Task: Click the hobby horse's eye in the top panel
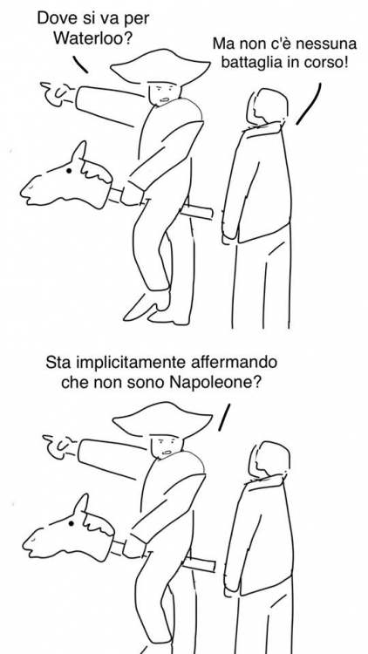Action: coord(69,171)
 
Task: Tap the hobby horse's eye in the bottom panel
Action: coord(71,523)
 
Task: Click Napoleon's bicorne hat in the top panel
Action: coord(160,67)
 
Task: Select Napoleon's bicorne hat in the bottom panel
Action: coord(163,420)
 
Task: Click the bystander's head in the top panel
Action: coord(267,106)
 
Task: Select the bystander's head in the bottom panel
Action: coord(269,460)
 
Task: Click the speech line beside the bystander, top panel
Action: coord(309,104)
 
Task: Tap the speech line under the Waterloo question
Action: coord(80,65)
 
